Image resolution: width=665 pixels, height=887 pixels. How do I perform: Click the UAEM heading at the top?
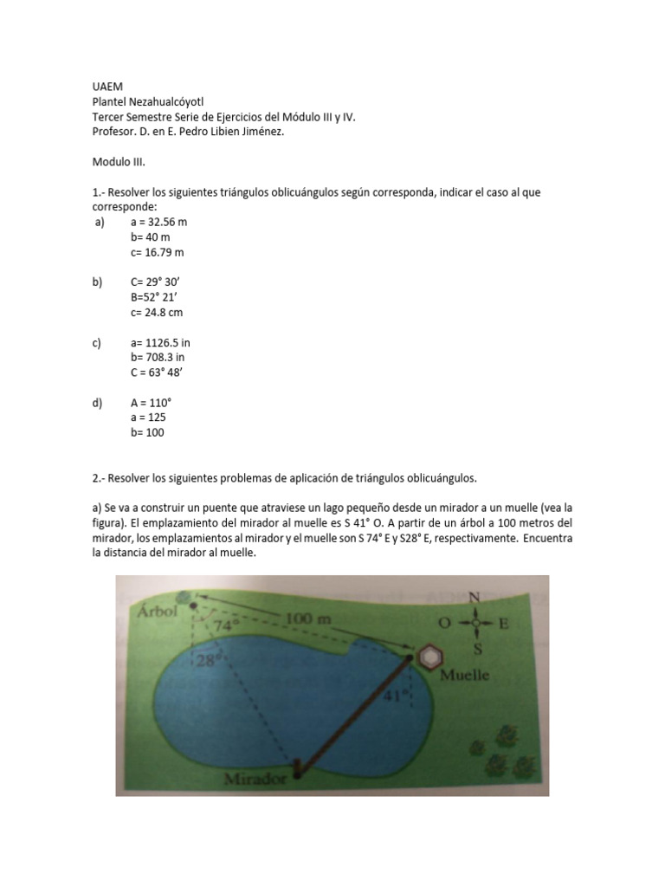pyautogui.click(x=108, y=87)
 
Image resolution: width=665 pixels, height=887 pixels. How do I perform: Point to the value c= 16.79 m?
pyautogui.click(x=158, y=252)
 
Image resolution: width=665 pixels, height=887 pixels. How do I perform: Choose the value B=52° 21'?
pyautogui.click(x=154, y=297)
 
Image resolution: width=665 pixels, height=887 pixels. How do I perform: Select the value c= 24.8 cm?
pyautogui.click(x=157, y=312)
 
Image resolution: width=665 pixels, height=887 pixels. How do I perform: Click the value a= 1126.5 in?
pyautogui.click(x=161, y=342)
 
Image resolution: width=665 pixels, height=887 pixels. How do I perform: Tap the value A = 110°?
pyautogui.click(x=152, y=403)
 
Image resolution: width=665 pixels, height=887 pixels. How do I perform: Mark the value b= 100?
pyautogui.click(x=147, y=432)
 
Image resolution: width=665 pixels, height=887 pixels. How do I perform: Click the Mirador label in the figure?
pyautogui.click(x=255, y=778)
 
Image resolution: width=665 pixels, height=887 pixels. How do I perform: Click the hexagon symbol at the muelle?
pyautogui.click(x=430, y=657)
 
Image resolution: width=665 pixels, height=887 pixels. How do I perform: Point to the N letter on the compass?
pyautogui.click(x=474, y=598)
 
